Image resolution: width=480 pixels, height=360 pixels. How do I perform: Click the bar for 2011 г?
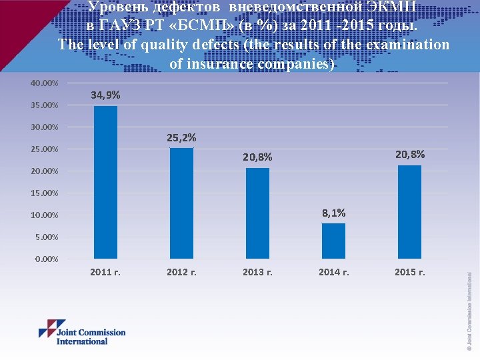click(105, 182)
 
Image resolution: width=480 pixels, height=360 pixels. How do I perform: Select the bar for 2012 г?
click(181, 203)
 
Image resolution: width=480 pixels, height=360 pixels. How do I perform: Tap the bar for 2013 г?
click(257, 213)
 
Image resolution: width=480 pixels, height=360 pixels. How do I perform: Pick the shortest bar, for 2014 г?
click(333, 241)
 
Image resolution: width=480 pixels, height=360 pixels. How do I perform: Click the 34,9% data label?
click(105, 96)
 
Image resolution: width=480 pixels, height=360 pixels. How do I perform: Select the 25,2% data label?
click(181, 138)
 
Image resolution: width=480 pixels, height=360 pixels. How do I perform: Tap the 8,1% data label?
click(333, 213)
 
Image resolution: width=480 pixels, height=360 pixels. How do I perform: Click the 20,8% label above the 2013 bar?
click(257, 157)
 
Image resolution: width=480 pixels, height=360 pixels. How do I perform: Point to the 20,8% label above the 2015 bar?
click(409, 155)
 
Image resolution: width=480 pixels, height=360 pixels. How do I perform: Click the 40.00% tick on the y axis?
click(45, 83)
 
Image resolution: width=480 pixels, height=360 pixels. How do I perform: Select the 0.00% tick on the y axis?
click(47, 259)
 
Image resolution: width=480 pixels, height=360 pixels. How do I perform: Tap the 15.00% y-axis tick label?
click(45, 193)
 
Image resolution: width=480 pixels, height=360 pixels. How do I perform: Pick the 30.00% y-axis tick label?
click(45, 127)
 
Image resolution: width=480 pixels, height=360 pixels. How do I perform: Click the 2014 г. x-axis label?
click(333, 272)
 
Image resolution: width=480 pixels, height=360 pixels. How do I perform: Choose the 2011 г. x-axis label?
click(105, 272)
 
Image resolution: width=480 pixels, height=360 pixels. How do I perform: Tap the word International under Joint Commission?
click(82, 341)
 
